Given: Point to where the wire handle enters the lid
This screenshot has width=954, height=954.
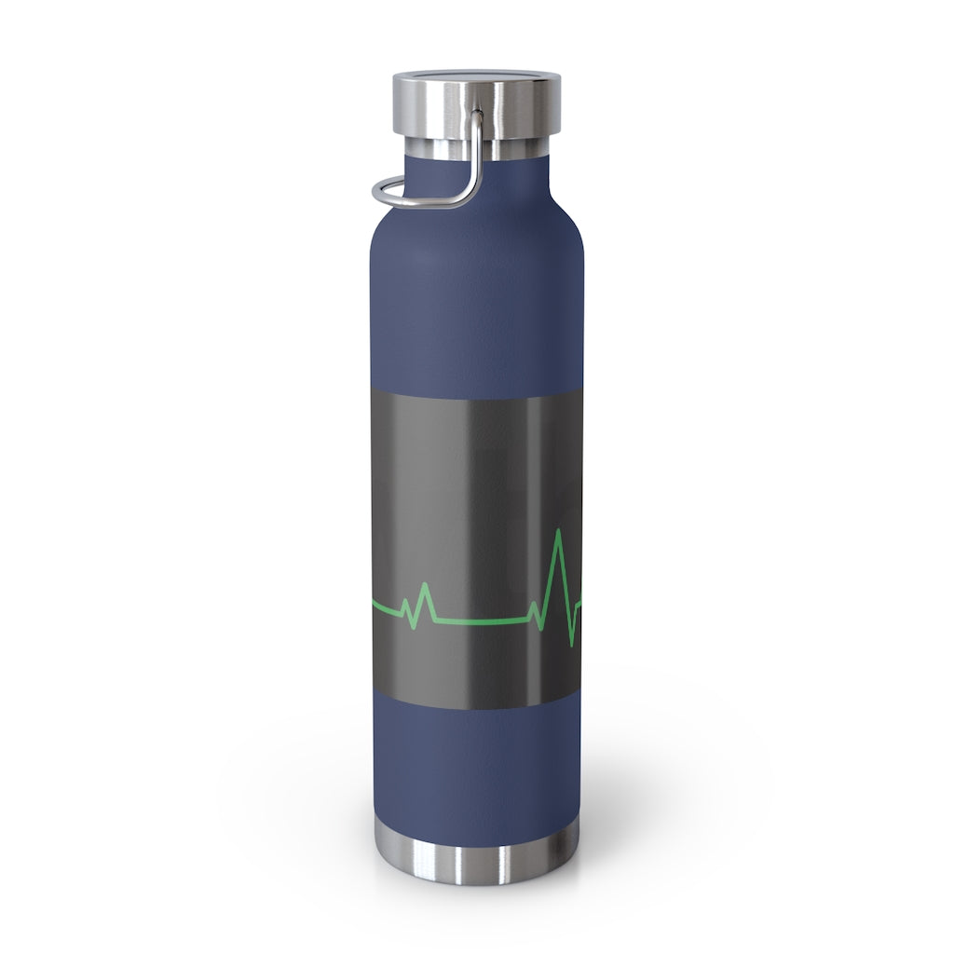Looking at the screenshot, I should click(x=478, y=116).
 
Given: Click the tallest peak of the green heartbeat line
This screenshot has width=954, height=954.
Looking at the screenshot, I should click(x=558, y=531).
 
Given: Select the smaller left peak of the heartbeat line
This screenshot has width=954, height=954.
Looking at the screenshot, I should click(x=425, y=585).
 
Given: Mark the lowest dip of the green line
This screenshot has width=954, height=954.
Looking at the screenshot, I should click(x=570, y=644).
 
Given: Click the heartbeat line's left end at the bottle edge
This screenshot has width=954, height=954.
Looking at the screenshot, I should click(x=375, y=606).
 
